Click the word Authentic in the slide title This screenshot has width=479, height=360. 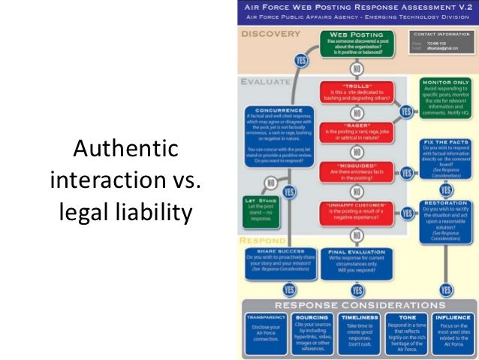coord(127,150)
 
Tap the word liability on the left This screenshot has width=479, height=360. coord(155,213)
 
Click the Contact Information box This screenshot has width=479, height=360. coord(441,44)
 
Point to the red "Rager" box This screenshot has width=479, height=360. coord(357,131)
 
